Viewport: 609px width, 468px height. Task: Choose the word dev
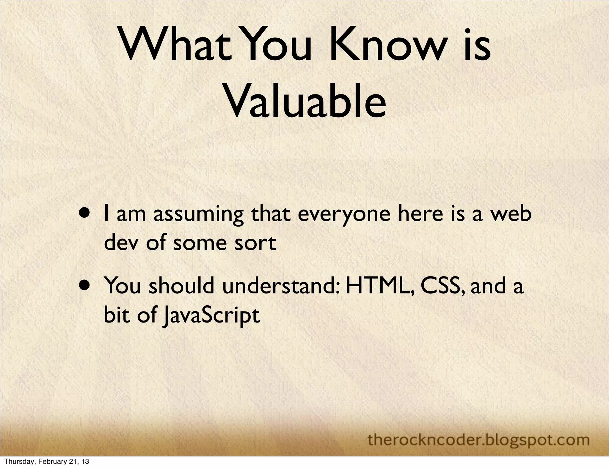coord(121,243)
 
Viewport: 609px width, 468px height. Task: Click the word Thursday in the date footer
coord(17,462)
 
